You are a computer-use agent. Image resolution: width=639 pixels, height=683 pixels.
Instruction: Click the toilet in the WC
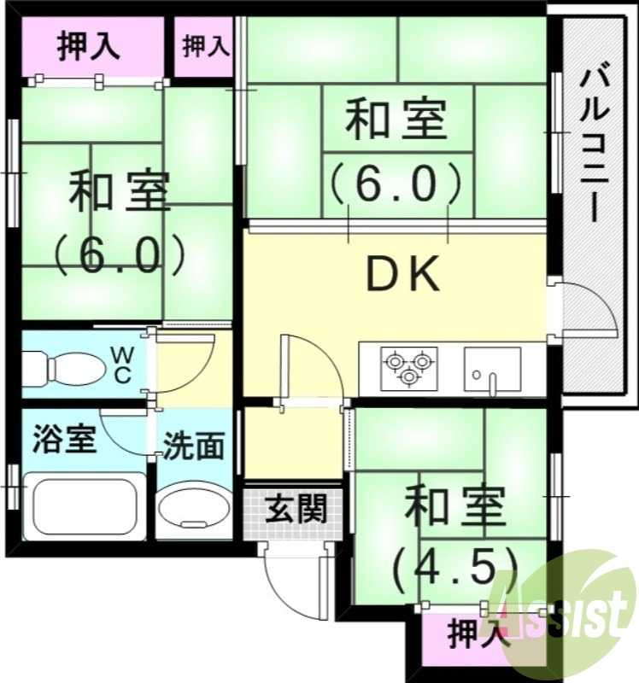[53, 369]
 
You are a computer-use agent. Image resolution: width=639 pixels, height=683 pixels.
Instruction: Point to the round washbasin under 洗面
[195, 510]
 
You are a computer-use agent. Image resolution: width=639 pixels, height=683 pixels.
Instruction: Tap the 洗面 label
[195, 447]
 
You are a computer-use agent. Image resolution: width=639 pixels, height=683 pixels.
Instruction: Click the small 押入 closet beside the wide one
[206, 46]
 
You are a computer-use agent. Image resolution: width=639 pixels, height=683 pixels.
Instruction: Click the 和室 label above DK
[396, 120]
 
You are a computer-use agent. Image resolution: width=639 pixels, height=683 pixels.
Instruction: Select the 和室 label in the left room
[119, 192]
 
